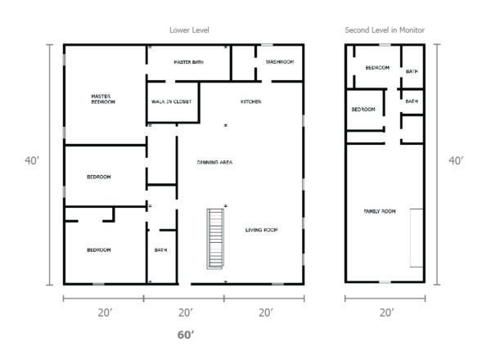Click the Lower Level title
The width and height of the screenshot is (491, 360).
(189, 30)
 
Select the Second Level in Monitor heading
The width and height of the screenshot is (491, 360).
(385, 30)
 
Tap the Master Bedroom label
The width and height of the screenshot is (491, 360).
(103, 99)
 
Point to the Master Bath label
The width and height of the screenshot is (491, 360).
(188, 62)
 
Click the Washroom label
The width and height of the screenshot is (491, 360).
(279, 62)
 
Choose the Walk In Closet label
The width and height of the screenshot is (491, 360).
(172, 102)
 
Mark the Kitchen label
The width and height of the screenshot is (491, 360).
(250, 102)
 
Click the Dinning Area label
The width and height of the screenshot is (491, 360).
(215, 163)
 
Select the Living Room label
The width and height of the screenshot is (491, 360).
(262, 231)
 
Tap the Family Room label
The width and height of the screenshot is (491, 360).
(380, 212)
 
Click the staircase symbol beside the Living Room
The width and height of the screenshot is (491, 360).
(215, 239)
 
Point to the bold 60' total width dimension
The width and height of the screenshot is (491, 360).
(186, 335)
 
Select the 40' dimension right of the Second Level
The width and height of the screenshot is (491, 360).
(456, 161)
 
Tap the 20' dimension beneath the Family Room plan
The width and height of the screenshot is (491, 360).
(386, 313)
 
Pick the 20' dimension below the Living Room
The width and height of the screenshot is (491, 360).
(265, 313)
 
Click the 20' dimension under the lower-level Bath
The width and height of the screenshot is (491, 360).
(186, 313)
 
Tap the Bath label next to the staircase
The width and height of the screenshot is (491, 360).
(161, 250)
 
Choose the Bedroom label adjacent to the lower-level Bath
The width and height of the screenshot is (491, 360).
(99, 250)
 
